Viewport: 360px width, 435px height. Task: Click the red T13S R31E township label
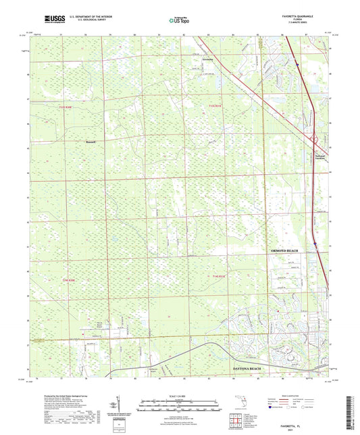tap(215, 106)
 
